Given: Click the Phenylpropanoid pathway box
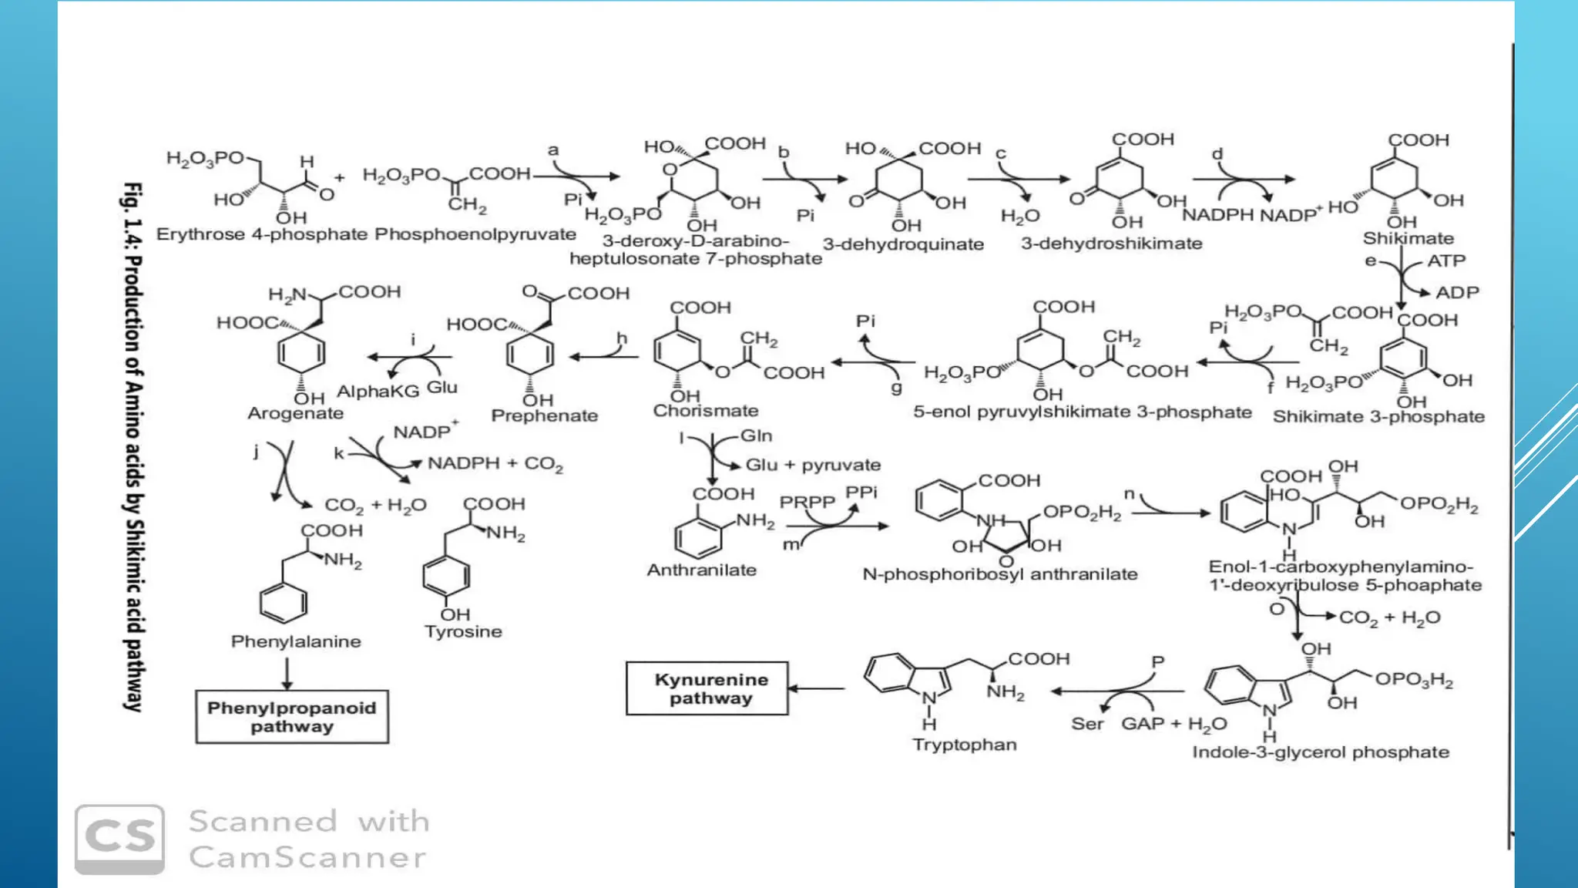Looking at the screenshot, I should pyautogui.click(x=292, y=717).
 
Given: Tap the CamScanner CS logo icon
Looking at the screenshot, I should pyautogui.click(x=119, y=839).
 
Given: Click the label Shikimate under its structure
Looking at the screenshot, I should pyautogui.click(x=1408, y=238).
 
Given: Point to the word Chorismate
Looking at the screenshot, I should pyautogui.click(x=706, y=411).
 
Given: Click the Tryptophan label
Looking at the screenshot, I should pyautogui.click(x=964, y=745).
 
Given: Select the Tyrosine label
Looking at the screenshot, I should pyautogui.click(x=463, y=631).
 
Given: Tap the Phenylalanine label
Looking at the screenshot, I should pyautogui.click(x=296, y=641).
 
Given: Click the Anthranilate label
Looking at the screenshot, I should pyautogui.click(x=701, y=570).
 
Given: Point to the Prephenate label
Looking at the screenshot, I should pyautogui.click(x=545, y=415).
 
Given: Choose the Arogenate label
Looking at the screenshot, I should pyautogui.click(x=295, y=413).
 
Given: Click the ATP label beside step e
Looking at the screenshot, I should pyautogui.click(x=1445, y=261).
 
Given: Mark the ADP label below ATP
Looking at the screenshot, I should pyautogui.click(x=1456, y=293).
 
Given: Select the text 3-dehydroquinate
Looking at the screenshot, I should pyautogui.click(x=903, y=244).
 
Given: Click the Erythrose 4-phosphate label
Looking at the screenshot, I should pyautogui.click(x=261, y=234).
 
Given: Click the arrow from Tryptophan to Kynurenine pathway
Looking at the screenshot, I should pyautogui.click(x=817, y=688).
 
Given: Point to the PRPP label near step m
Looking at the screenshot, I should pyautogui.click(x=807, y=502).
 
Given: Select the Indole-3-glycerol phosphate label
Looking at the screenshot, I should pyautogui.click(x=1321, y=752).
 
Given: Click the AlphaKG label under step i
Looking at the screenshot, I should pyautogui.click(x=378, y=391).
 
